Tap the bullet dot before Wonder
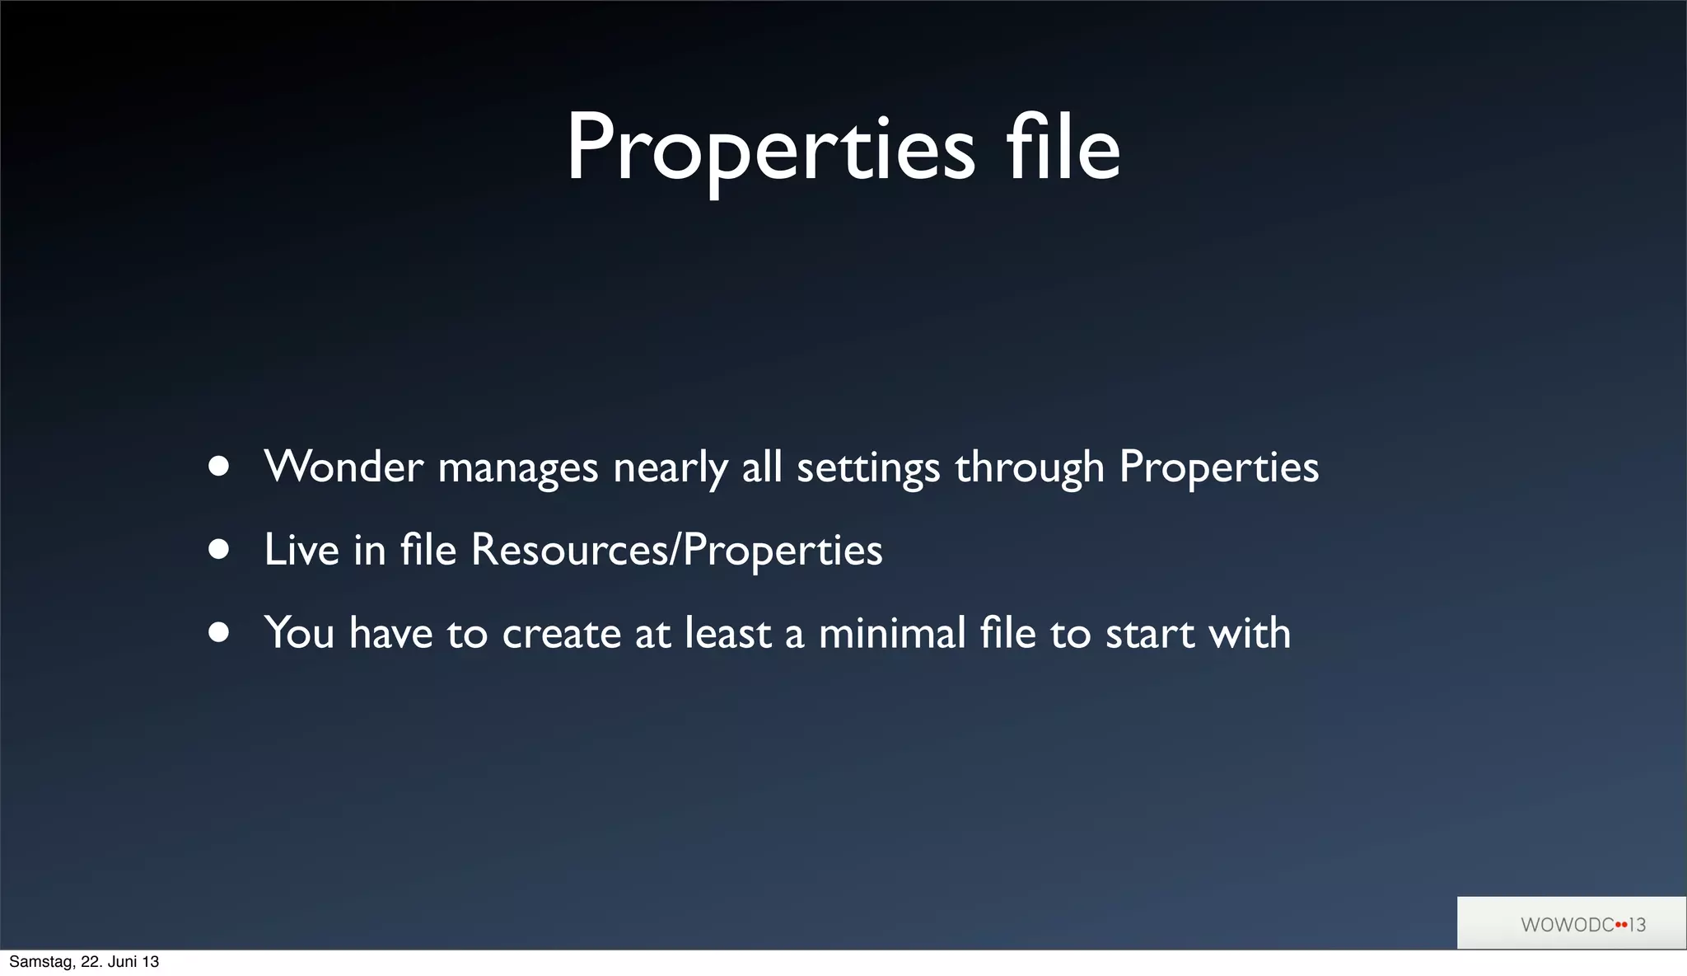click(x=219, y=467)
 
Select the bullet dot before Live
click(x=219, y=550)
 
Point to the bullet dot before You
click(x=219, y=632)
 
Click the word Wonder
click(x=343, y=467)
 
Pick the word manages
click(x=517, y=469)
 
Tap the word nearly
click(x=670, y=469)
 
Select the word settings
click(x=867, y=469)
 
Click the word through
click(x=1029, y=469)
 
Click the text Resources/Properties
click(x=676, y=551)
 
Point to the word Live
click(x=301, y=550)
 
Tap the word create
click(x=561, y=634)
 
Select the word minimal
click(x=891, y=633)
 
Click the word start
click(x=1149, y=634)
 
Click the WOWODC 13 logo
click(x=1582, y=924)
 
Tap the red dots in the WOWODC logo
click(x=1621, y=924)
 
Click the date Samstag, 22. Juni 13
click(x=84, y=962)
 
